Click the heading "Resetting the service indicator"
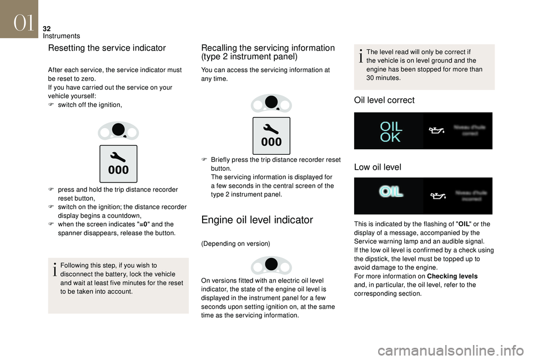click(107, 48)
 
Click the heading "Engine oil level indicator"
click(257, 220)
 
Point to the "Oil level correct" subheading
click(384, 101)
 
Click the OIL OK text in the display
click(391, 131)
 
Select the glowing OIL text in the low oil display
click(391, 192)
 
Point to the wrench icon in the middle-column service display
click(271, 128)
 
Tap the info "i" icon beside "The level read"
click(361, 56)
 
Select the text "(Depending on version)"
click(235, 244)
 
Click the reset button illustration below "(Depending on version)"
click(271, 266)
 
